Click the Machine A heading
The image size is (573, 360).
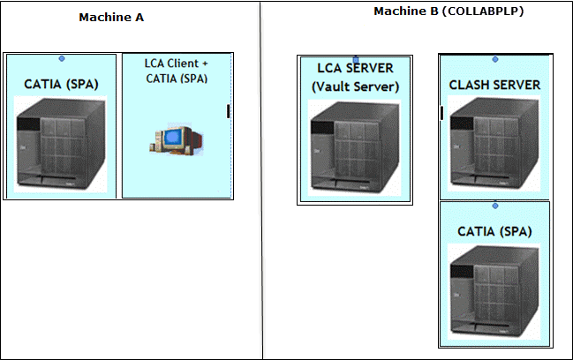[111, 17]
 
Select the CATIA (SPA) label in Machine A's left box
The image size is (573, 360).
[61, 84]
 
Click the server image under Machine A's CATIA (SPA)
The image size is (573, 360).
[60, 144]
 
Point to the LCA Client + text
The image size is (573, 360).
[177, 64]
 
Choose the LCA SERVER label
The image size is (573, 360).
[356, 69]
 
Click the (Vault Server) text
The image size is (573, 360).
[356, 86]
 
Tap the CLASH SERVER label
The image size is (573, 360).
[494, 86]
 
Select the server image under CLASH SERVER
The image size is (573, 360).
[494, 145]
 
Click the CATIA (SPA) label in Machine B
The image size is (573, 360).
[494, 231]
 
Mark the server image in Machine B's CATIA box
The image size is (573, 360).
[494, 291]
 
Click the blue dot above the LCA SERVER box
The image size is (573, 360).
[356, 59]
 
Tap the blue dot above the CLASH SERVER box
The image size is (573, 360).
[495, 59]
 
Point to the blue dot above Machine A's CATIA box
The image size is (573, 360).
[61, 58]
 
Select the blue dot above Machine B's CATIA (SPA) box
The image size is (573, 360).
[495, 205]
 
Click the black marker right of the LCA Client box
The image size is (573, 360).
[229, 110]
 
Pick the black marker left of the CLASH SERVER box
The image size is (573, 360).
[441, 112]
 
